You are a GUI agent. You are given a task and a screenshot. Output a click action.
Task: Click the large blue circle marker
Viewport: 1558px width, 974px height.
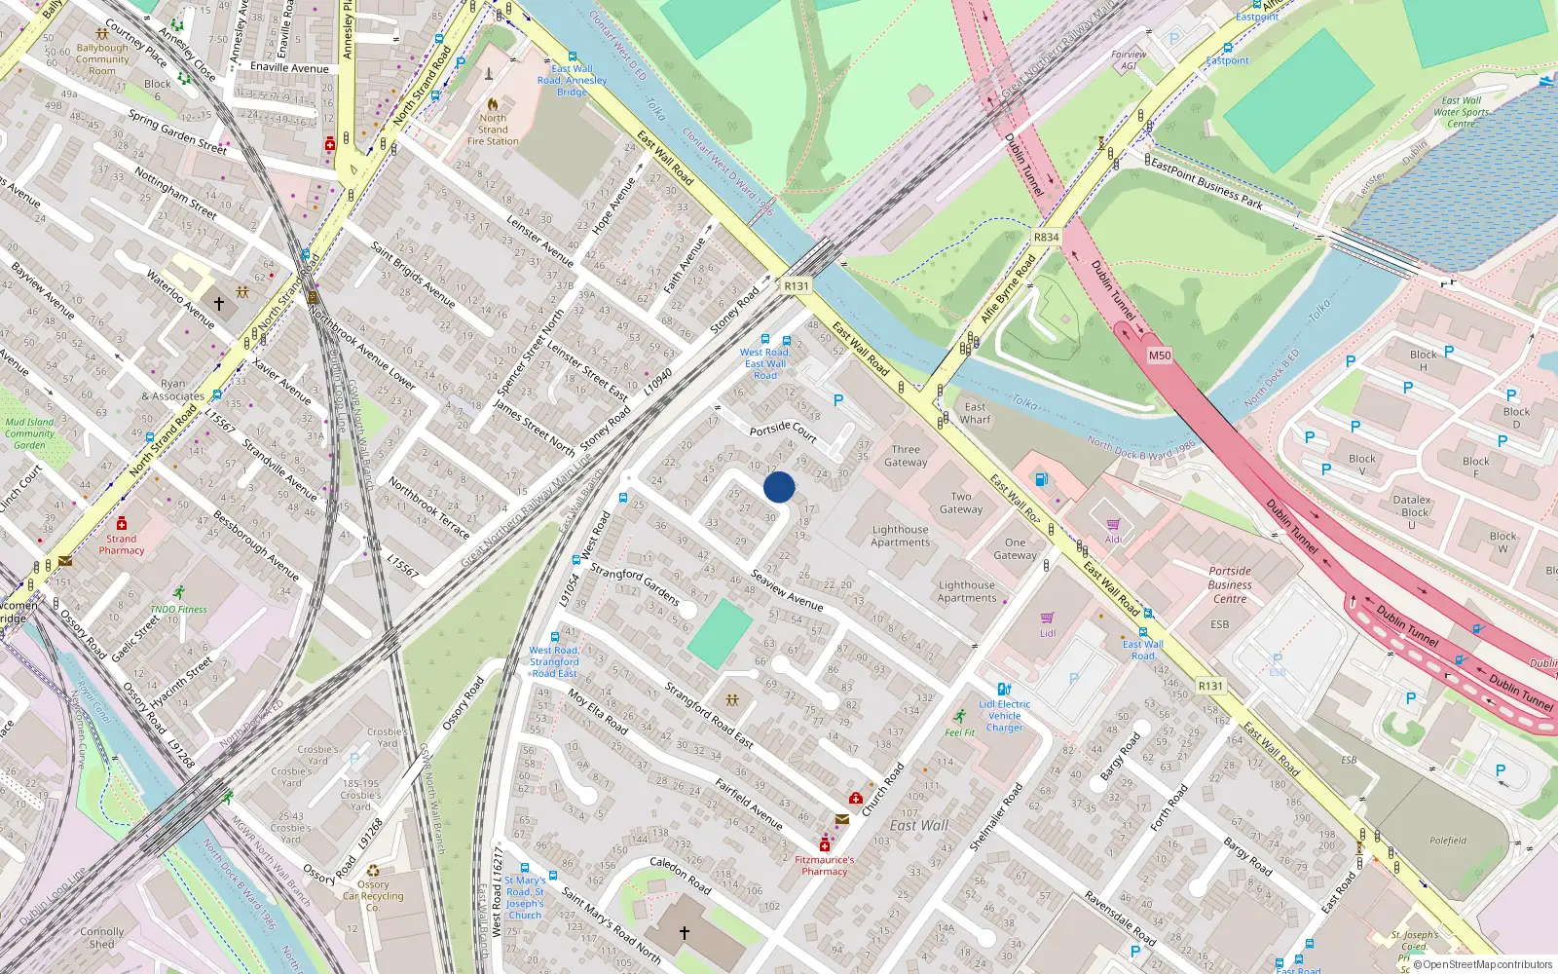[779, 487]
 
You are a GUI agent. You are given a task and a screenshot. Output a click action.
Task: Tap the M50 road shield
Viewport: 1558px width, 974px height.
[1159, 356]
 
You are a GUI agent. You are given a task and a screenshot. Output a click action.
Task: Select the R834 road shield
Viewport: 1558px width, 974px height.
[1046, 238]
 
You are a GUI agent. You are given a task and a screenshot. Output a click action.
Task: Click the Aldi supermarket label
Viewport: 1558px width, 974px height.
[1113, 539]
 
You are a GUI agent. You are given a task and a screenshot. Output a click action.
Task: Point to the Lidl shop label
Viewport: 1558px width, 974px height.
[1048, 633]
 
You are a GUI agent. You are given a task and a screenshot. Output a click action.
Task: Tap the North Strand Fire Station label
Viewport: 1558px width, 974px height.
[493, 130]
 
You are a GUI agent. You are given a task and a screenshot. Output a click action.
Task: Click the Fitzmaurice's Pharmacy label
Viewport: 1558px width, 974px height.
[825, 865]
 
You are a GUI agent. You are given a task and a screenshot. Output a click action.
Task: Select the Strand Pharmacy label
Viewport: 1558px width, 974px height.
[122, 544]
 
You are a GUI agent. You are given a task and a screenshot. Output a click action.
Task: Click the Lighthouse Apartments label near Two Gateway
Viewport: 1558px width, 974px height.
[900, 536]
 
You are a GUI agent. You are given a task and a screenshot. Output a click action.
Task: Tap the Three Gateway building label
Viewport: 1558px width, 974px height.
[906, 456]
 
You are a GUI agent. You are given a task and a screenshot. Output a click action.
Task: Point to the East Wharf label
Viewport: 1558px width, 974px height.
[975, 413]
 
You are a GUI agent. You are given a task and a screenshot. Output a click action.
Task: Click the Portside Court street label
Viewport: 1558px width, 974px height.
[783, 430]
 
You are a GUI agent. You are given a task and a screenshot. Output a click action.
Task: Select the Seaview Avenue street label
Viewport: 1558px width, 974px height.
[787, 590]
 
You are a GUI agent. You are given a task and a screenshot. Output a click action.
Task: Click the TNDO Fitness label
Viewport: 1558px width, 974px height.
[178, 609]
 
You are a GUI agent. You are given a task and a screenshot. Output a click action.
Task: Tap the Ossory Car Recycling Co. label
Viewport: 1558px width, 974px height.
[373, 895]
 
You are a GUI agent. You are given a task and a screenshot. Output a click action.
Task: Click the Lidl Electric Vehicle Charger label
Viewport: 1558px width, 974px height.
[1005, 716]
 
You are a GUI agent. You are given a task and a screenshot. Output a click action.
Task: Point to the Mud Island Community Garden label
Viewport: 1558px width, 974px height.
[29, 433]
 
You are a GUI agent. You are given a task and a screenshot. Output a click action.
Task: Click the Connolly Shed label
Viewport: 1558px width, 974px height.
[102, 938]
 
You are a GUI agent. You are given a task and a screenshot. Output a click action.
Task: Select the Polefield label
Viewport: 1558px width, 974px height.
[1448, 841]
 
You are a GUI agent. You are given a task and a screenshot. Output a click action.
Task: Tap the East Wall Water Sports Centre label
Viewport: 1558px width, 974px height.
[1462, 112]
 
